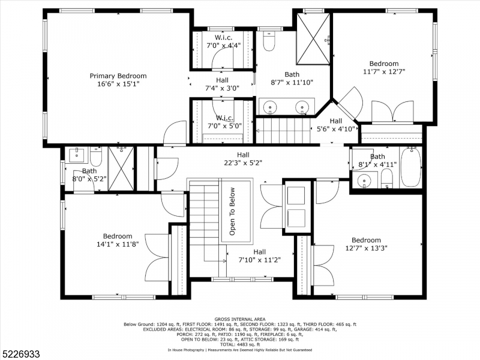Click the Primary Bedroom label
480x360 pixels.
pos(118,76)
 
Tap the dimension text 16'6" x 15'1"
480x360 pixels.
pos(118,84)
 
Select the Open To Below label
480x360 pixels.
pos(232,211)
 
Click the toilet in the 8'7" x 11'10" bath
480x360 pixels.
pos(269,41)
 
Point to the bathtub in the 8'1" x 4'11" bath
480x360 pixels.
pos(411,167)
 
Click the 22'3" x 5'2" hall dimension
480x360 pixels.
pos(243,163)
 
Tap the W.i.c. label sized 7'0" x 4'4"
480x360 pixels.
pos(223,38)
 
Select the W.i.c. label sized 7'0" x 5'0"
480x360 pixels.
pos(224,118)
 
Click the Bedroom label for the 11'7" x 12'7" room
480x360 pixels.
pos(384,64)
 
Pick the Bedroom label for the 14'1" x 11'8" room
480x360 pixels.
pos(118,236)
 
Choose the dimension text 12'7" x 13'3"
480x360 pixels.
pos(366,248)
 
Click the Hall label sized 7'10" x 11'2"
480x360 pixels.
pos(259,252)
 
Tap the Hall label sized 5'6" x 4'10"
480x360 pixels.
pos(336,121)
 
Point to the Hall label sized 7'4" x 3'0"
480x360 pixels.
pos(222,80)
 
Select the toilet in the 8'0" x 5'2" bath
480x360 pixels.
pos(96,157)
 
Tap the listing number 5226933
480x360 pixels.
pos(20,354)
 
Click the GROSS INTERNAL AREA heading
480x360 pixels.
pos(240,319)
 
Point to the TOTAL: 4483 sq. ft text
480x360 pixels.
pos(240,344)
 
